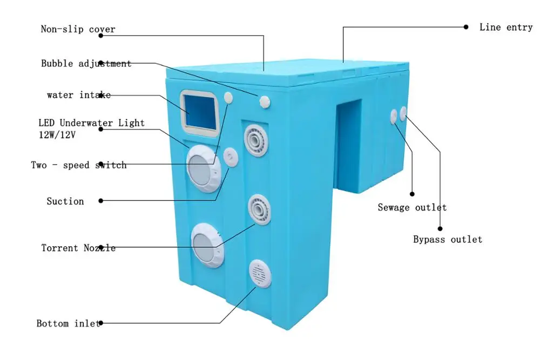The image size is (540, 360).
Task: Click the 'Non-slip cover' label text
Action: point(78,29)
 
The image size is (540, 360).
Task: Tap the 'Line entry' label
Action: point(506,27)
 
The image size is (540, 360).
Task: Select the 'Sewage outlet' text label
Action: point(412,207)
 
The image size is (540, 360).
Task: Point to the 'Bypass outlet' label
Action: point(447,239)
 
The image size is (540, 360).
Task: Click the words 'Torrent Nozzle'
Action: point(78,248)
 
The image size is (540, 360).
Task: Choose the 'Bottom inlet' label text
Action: point(68,323)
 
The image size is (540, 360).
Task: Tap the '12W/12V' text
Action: point(57,135)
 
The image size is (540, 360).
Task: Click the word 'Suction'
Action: point(65,201)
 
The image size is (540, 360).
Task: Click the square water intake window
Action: point(200,113)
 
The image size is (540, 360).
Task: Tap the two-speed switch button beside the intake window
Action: point(228,98)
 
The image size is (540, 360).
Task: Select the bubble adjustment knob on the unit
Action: point(265,102)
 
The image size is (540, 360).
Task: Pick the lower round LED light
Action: point(207,246)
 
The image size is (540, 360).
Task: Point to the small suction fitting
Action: point(231,158)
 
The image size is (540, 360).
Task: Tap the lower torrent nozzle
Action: point(259,209)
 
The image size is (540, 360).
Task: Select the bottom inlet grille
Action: point(260,274)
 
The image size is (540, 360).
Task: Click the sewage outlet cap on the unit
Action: point(394,117)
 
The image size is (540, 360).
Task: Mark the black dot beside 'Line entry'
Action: point(466,27)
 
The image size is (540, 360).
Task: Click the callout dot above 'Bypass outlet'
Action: point(440,228)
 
